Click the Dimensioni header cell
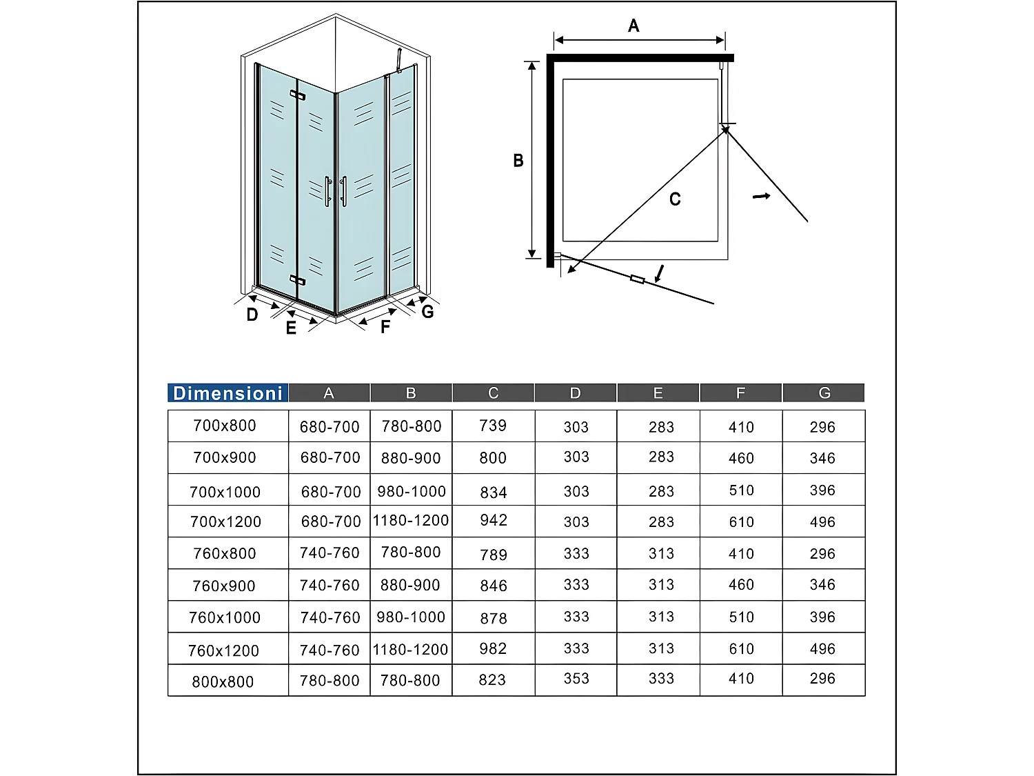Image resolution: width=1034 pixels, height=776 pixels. coord(227,393)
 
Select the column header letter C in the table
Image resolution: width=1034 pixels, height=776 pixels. coord(493,393)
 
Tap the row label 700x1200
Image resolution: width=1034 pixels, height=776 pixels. coord(226,522)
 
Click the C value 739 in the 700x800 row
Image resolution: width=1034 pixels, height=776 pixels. coord(493,426)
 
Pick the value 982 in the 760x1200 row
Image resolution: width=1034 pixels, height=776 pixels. coord(494,649)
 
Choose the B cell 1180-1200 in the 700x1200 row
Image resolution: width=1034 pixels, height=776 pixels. coord(411,521)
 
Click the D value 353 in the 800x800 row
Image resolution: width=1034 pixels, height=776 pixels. coord(576,679)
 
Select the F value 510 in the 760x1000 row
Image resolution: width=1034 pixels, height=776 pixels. coord(742,617)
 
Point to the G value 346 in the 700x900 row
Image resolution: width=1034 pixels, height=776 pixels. coord(822,458)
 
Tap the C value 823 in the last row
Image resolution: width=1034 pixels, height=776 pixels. coord(492,680)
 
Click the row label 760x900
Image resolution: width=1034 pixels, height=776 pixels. coord(224,586)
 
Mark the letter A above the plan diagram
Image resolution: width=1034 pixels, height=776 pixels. coord(633,26)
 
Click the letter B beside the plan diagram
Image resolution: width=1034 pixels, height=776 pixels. coord(518,161)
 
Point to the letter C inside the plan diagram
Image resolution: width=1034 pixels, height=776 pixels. coord(675,199)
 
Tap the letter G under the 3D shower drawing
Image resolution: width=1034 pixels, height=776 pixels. coord(427,312)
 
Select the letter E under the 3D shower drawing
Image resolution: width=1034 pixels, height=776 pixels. coord(291,328)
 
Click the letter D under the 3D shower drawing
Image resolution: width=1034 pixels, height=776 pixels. coord(252,315)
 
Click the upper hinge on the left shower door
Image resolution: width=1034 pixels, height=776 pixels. coord(297,94)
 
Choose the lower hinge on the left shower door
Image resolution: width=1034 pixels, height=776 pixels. coord(297,279)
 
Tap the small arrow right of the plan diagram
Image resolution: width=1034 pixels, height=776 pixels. coord(761,197)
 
